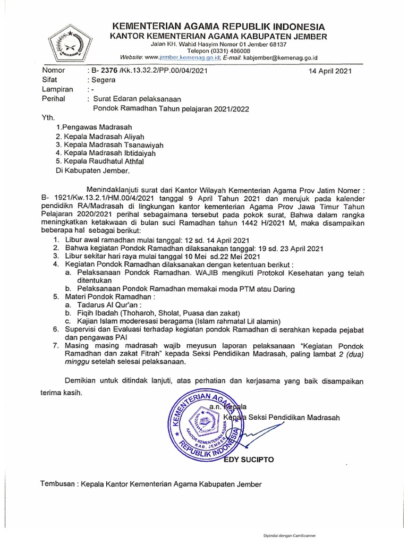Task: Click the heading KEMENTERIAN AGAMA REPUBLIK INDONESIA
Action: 218,27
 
